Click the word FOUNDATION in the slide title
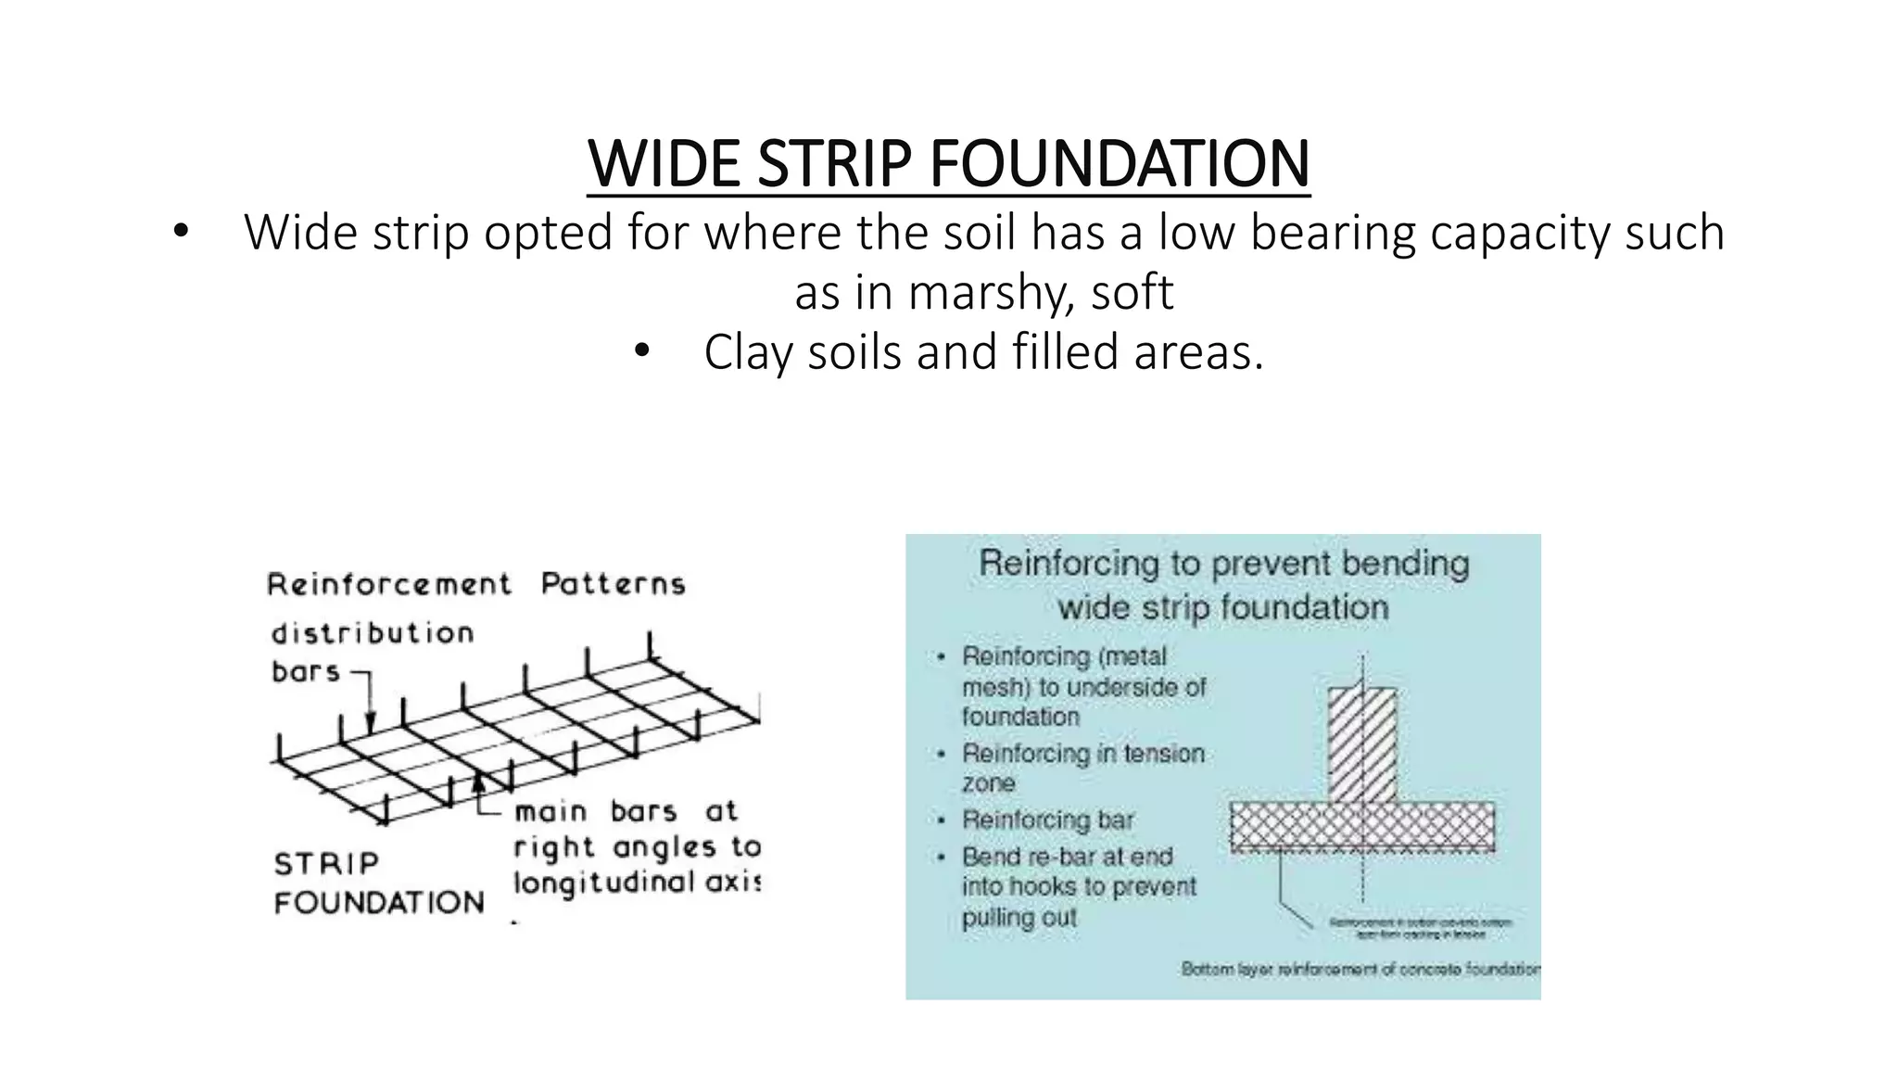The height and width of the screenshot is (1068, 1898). click(x=1119, y=164)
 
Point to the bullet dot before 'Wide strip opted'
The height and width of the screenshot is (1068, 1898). click(x=181, y=232)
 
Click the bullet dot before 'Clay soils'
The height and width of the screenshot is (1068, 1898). click(x=641, y=352)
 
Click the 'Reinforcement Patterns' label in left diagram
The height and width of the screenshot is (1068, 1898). click(x=476, y=584)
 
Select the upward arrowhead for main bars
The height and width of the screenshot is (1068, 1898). click(x=478, y=782)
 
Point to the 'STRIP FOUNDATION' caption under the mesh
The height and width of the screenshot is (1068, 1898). click(x=378, y=883)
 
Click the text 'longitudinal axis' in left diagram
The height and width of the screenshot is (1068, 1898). click(x=636, y=882)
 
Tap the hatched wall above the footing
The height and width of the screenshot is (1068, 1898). click(x=1361, y=744)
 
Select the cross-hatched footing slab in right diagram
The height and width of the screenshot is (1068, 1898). click(x=1361, y=826)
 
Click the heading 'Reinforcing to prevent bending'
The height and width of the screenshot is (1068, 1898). click(x=1223, y=564)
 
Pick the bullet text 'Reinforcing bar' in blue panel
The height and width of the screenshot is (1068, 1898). click(x=1047, y=820)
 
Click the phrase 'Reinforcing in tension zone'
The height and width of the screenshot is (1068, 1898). click(x=1082, y=767)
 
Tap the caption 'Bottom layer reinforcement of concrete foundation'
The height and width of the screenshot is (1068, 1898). click(x=1360, y=970)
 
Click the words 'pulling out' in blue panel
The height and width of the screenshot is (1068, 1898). click(x=1019, y=918)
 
